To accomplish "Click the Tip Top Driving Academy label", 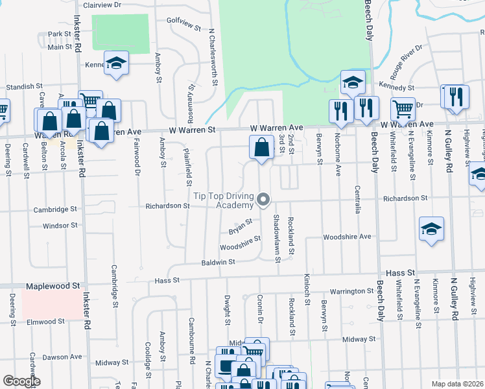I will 224,200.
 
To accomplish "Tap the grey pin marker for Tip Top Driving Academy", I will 263,200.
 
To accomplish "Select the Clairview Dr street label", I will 102,5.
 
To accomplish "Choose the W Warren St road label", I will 192,130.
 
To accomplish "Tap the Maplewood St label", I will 53,285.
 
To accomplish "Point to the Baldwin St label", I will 217,262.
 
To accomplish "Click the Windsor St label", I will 60,226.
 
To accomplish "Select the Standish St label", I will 24,86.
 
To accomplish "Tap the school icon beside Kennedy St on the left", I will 117,63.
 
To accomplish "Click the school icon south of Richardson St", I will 431,229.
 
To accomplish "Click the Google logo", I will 21,381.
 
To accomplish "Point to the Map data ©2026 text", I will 458,384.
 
